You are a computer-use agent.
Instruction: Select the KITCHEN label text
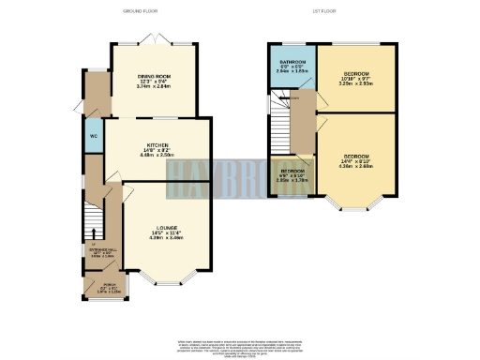pyautogui.click(x=157, y=144)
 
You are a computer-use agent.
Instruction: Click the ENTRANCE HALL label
pyautogui.click(x=99, y=251)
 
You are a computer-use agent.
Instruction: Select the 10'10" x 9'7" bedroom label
pyautogui.click(x=353, y=74)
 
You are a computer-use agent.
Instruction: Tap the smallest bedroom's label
pyautogui.click(x=292, y=172)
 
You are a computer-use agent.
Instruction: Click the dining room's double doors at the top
pyautogui.click(x=155, y=40)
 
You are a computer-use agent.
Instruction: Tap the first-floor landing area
pyautogui.click(x=302, y=122)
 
